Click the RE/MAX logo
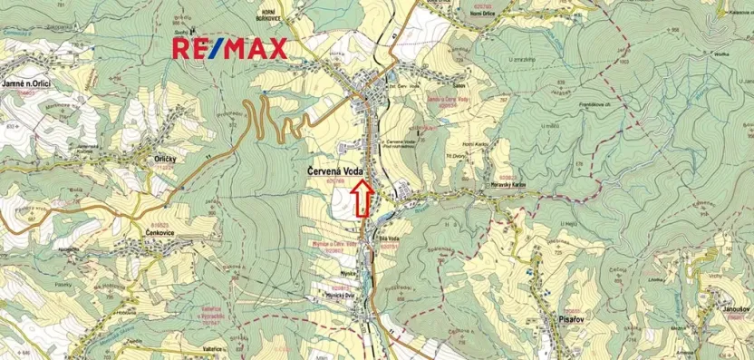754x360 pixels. (x=230, y=49)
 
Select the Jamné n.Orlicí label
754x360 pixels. (x=25, y=83)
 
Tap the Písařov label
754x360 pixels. (x=562, y=320)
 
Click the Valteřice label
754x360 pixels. (x=216, y=347)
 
